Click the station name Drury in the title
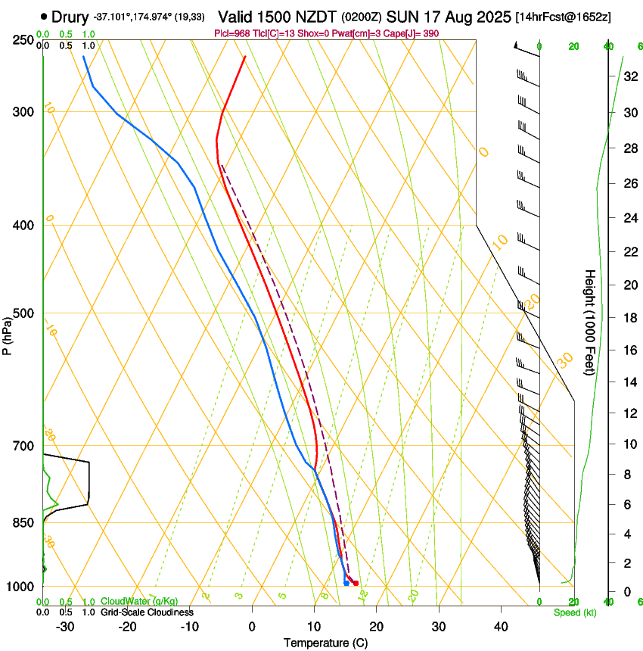tap(70, 16)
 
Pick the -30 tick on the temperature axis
tap(66, 627)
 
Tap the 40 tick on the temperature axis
tap(501, 627)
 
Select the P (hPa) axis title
tap(8, 332)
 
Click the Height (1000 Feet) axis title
tap(590, 322)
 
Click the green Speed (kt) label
tap(575, 612)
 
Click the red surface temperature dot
tap(356, 583)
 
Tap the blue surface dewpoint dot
tap(346, 583)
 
